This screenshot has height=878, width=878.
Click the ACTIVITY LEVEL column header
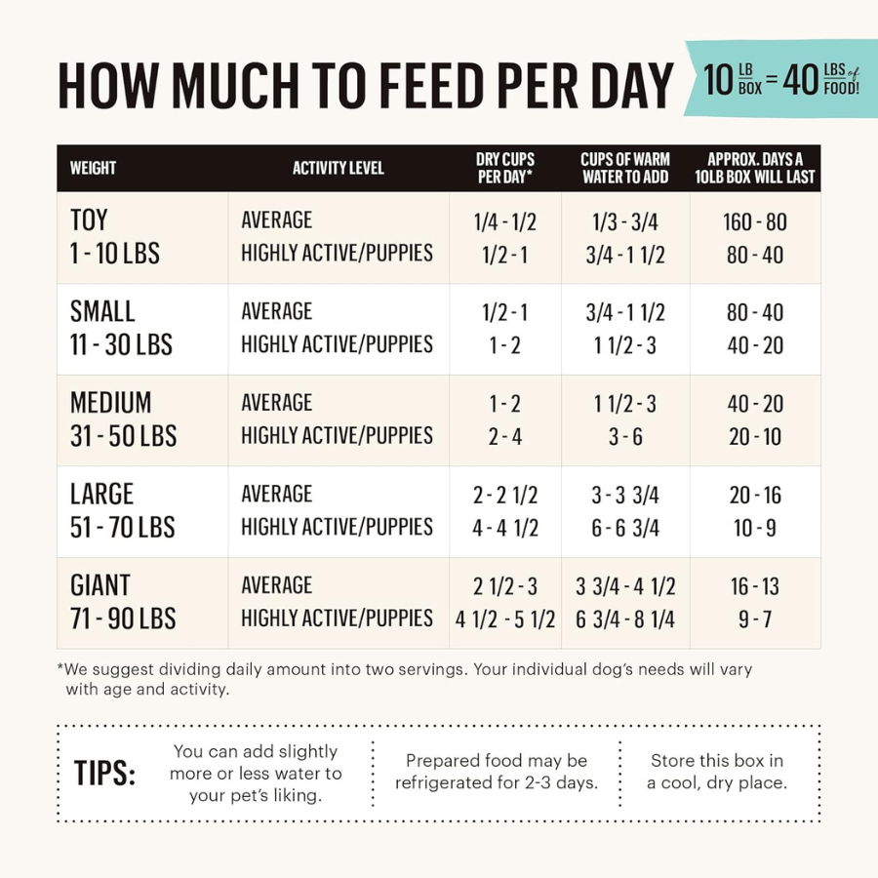[x=339, y=168]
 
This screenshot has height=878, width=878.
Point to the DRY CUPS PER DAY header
[x=504, y=168]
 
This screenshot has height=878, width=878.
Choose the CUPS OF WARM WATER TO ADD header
[x=625, y=168]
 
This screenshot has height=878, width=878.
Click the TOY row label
[x=89, y=220]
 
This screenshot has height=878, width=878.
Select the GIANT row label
[x=100, y=585]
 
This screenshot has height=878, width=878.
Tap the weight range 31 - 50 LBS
[x=123, y=436]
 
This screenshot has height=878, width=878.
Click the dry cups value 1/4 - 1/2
[x=504, y=222]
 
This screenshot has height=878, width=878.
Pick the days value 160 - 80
[x=755, y=222]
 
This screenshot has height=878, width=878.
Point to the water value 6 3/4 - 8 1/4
[x=625, y=619]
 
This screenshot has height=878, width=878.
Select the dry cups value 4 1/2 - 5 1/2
[x=505, y=619]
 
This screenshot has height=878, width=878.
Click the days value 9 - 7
[x=755, y=619]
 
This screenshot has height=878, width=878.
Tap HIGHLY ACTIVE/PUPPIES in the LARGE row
[x=337, y=527]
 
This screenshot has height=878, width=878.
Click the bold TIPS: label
[x=104, y=773]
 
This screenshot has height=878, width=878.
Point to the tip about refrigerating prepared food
[x=497, y=772]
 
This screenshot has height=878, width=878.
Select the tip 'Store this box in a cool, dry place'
[x=717, y=772]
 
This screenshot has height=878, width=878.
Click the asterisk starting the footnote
[x=61, y=669]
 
